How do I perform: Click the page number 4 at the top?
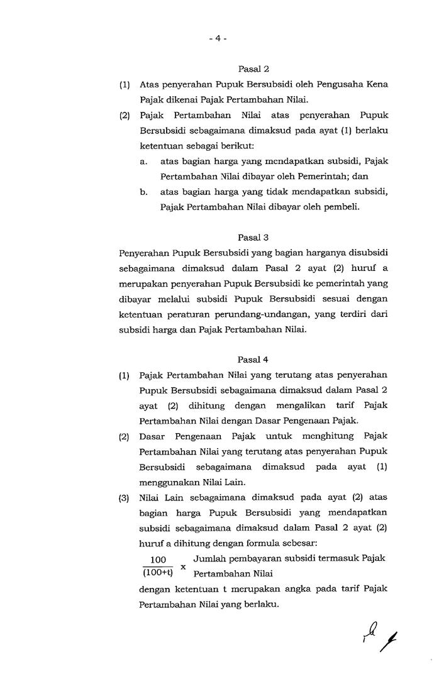(x=218, y=38)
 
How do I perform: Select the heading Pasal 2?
(x=253, y=69)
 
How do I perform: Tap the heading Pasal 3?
(x=253, y=237)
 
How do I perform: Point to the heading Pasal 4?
(x=253, y=360)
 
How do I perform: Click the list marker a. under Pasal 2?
(x=144, y=161)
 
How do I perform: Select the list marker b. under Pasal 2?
(x=144, y=192)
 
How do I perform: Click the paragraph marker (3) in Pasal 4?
(x=124, y=499)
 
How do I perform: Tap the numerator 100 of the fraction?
(x=158, y=560)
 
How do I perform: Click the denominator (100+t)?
(x=158, y=573)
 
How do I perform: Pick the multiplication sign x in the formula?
(x=183, y=566)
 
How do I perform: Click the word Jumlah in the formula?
(x=208, y=558)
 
